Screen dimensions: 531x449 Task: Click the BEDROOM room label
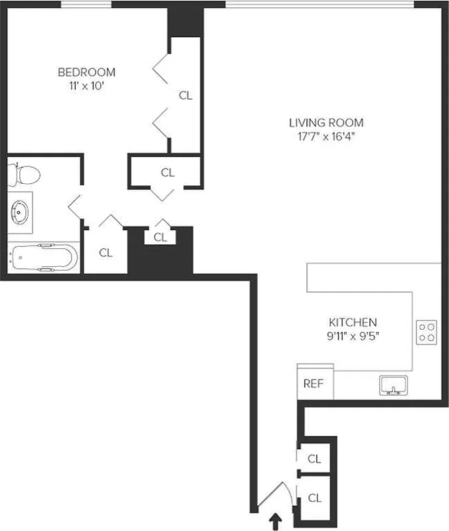click(86, 72)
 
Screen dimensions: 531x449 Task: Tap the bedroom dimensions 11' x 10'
click(86, 86)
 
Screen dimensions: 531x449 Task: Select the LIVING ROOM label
click(326, 122)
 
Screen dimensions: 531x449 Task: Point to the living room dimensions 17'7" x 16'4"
click(326, 137)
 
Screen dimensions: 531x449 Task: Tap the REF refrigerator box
click(314, 384)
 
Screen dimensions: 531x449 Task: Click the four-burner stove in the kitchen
click(426, 332)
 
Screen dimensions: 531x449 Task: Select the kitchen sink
click(391, 386)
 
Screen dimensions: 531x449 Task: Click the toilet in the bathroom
click(24, 175)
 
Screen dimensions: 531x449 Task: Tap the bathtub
click(41, 258)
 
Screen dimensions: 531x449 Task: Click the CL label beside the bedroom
click(185, 96)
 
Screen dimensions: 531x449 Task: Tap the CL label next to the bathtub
click(106, 253)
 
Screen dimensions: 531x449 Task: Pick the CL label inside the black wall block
click(160, 237)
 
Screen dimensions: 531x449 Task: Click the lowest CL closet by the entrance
click(314, 498)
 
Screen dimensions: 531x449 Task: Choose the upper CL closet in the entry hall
click(314, 459)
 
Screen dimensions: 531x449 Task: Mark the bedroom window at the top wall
click(86, 5)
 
